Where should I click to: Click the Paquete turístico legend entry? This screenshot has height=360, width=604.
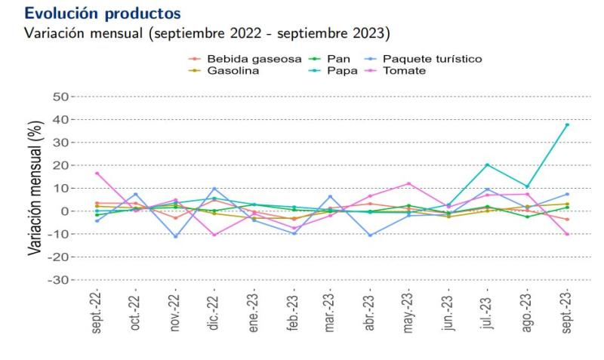432,59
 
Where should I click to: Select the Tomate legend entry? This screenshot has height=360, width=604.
405,70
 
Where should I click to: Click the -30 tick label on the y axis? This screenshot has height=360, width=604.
58,280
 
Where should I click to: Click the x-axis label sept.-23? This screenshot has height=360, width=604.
567,310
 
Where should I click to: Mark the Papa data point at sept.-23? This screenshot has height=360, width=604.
567,125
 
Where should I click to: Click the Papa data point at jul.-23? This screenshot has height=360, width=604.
488,165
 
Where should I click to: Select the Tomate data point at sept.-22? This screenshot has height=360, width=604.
97,173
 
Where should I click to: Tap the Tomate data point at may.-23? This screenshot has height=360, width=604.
409,183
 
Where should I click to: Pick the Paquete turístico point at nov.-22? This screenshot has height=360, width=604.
175,236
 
